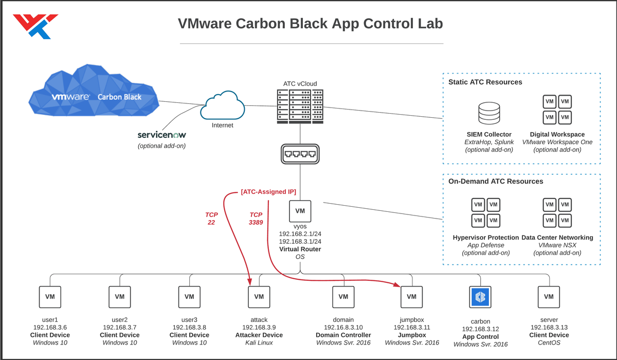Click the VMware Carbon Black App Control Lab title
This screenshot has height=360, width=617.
click(x=310, y=24)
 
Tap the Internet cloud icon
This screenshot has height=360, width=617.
click(x=222, y=104)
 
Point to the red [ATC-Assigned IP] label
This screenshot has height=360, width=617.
click(x=268, y=192)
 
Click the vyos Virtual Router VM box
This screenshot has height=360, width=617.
click(x=300, y=211)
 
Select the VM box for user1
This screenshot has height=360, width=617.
click(x=50, y=297)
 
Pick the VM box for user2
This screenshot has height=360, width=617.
click(x=119, y=297)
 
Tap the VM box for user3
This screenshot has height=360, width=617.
click(x=189, y=297)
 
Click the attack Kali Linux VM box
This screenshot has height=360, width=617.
click(x=259, y=297)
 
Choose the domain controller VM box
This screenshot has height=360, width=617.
click(x=343, y=297)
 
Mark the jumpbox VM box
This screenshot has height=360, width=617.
click(x=411, y=297)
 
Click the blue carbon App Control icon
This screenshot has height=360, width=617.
click(x=481, y=297)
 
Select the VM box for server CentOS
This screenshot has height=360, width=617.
click(x=549, y=297)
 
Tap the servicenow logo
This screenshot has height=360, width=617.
click(x=161, y=135)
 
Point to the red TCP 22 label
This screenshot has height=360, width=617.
click(x=211, y=219)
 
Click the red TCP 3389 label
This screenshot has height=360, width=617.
click(x=256, y=219)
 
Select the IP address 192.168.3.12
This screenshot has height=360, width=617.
click(x=480, y=329)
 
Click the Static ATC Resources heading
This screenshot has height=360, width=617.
click(x=485, y=82)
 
